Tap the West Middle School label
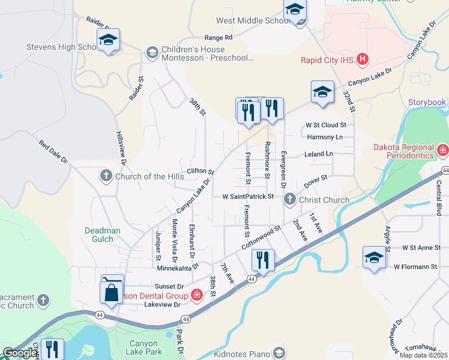(x=253, y=20)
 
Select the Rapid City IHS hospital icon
(x=362, y=59)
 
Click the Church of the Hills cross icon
(x=106, y=176)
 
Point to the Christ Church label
(x=324, y=200)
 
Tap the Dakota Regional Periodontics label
(x=394, y=151)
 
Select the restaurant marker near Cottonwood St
(x=263, y=259)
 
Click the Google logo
(x=19, y=353)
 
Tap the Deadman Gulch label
(x=103, y=235)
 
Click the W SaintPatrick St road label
(x=248, y=196)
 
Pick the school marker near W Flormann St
(x=374, y=258)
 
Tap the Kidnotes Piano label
(x=243, y=354)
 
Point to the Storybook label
(x=427, y=102)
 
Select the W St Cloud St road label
(x=326, y=125)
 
